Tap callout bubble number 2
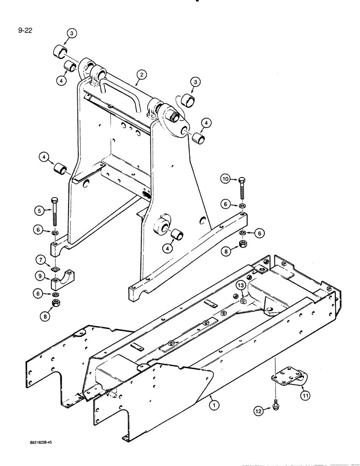point(142,74)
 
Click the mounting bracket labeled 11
point(287,377)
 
